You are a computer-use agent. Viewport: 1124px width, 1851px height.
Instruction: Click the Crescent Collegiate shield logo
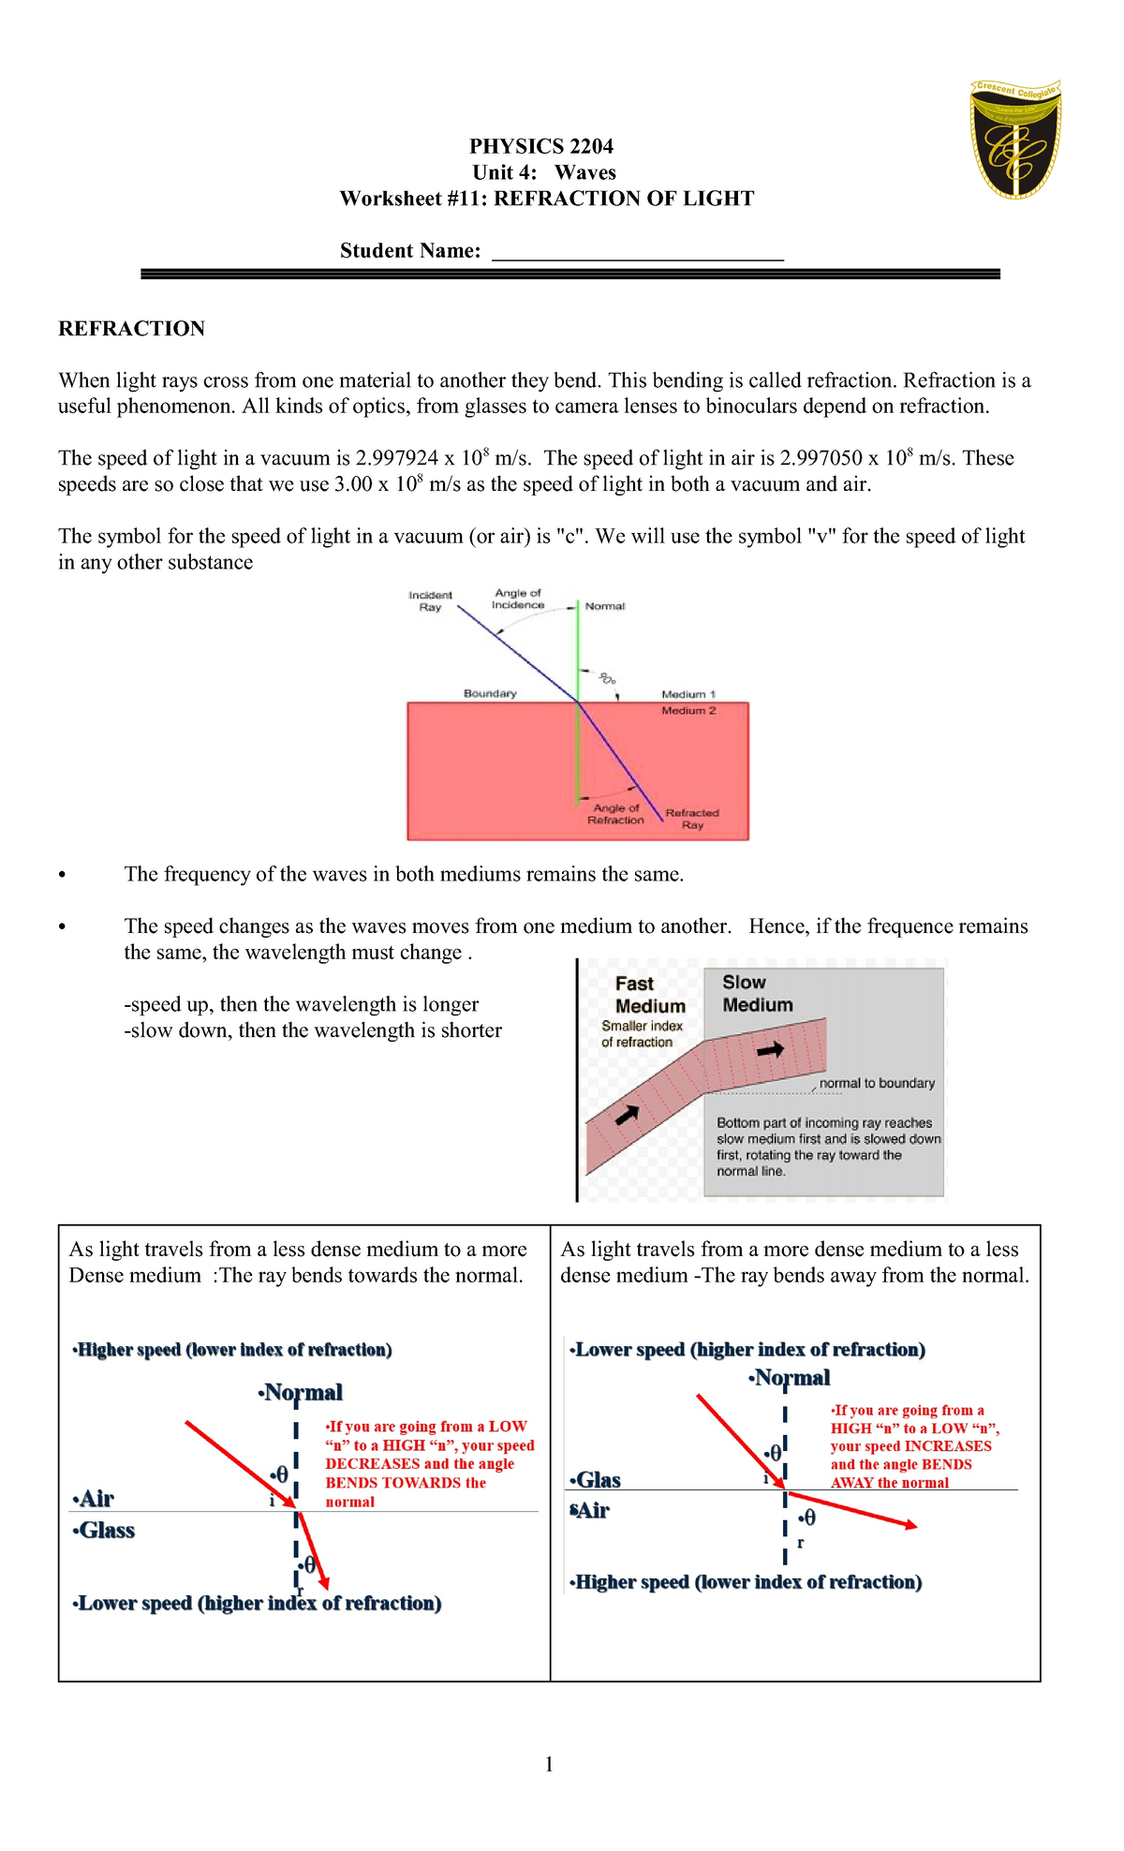point(1015,140)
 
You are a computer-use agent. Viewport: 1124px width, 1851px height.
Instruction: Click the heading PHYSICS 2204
point(541,146)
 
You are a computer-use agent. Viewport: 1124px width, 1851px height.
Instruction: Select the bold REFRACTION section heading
point(131,329)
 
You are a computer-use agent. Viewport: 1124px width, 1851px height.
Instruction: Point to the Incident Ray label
point(430,601)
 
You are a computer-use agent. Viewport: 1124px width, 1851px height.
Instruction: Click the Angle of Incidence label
point(518,599)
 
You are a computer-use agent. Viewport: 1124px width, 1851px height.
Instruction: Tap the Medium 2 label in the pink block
point(688,711)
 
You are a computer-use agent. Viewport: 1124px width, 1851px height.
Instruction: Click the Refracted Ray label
point(692,819)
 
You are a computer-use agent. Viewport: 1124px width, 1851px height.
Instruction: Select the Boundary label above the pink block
point(490,694)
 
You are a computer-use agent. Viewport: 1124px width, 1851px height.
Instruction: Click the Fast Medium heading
point(650,995)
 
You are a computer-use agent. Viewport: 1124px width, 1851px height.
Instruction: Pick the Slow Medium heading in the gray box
point(757,994)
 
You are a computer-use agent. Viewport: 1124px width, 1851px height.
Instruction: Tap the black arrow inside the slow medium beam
point(770,1050)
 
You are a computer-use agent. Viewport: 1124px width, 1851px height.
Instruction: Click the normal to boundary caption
point(877,1084)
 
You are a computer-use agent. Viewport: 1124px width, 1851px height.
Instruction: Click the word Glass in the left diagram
point(106,1531)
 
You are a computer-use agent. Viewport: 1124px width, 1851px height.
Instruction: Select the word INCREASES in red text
point(948,1446)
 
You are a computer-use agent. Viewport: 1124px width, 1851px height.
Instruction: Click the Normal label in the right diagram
point(791,1378)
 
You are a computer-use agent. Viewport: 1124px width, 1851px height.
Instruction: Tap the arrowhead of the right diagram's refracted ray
point(910,1526)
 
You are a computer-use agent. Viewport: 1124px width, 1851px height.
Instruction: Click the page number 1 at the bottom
point(549,1765)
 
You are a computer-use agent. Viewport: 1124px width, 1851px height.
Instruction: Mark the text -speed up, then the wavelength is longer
point(301,1005)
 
